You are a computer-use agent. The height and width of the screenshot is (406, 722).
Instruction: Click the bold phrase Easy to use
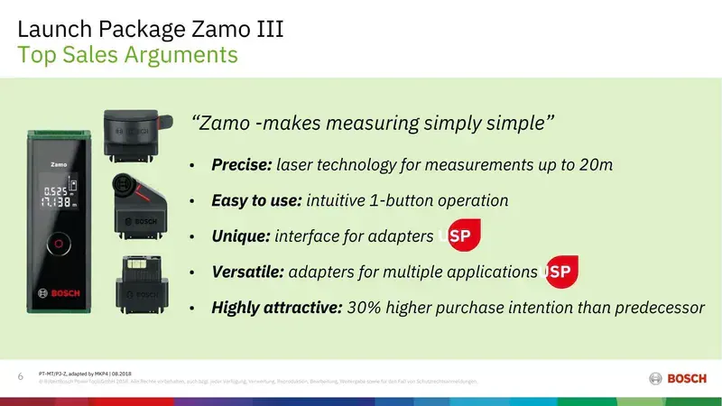[x=257, y=200]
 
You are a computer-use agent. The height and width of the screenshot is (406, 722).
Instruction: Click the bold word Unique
[x=239, y=236]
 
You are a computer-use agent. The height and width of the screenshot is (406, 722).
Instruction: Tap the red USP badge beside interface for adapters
[x=464, y=235]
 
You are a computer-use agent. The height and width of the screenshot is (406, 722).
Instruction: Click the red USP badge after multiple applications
[x=561, y=271]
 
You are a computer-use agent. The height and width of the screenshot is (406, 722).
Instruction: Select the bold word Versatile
[x=247, y=272]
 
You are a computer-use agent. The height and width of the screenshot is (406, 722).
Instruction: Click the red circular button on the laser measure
[x=59, y=244]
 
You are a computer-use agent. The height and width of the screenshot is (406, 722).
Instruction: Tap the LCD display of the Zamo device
[x=59, y=193]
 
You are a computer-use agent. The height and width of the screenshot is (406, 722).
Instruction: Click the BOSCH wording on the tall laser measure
[x=59, y=292]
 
